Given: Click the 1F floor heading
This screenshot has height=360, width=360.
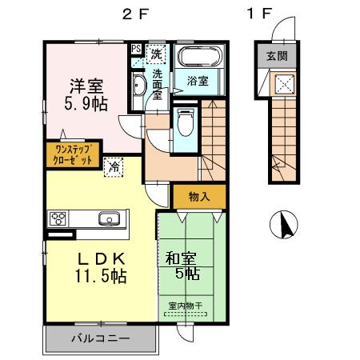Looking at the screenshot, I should click(260, 13).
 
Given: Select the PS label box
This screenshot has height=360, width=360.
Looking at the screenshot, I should click(136, 49).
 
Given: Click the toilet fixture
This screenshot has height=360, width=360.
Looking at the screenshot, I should click(185, 124).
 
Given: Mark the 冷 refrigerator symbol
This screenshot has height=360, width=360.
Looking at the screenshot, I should click(115, 167).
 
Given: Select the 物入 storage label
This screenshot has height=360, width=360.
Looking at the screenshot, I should click(198, 197).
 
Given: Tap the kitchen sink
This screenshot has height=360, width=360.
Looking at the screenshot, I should click(108, 218).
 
